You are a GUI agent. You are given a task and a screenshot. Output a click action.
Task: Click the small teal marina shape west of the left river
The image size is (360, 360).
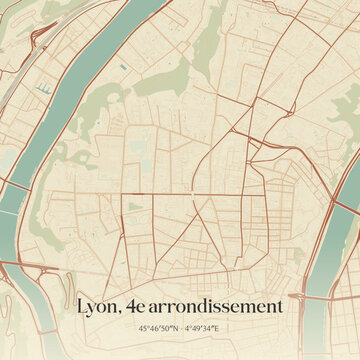click(x=43, y=88)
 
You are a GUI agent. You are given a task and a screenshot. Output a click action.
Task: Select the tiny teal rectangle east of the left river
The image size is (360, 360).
click(x=121, y=67)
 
